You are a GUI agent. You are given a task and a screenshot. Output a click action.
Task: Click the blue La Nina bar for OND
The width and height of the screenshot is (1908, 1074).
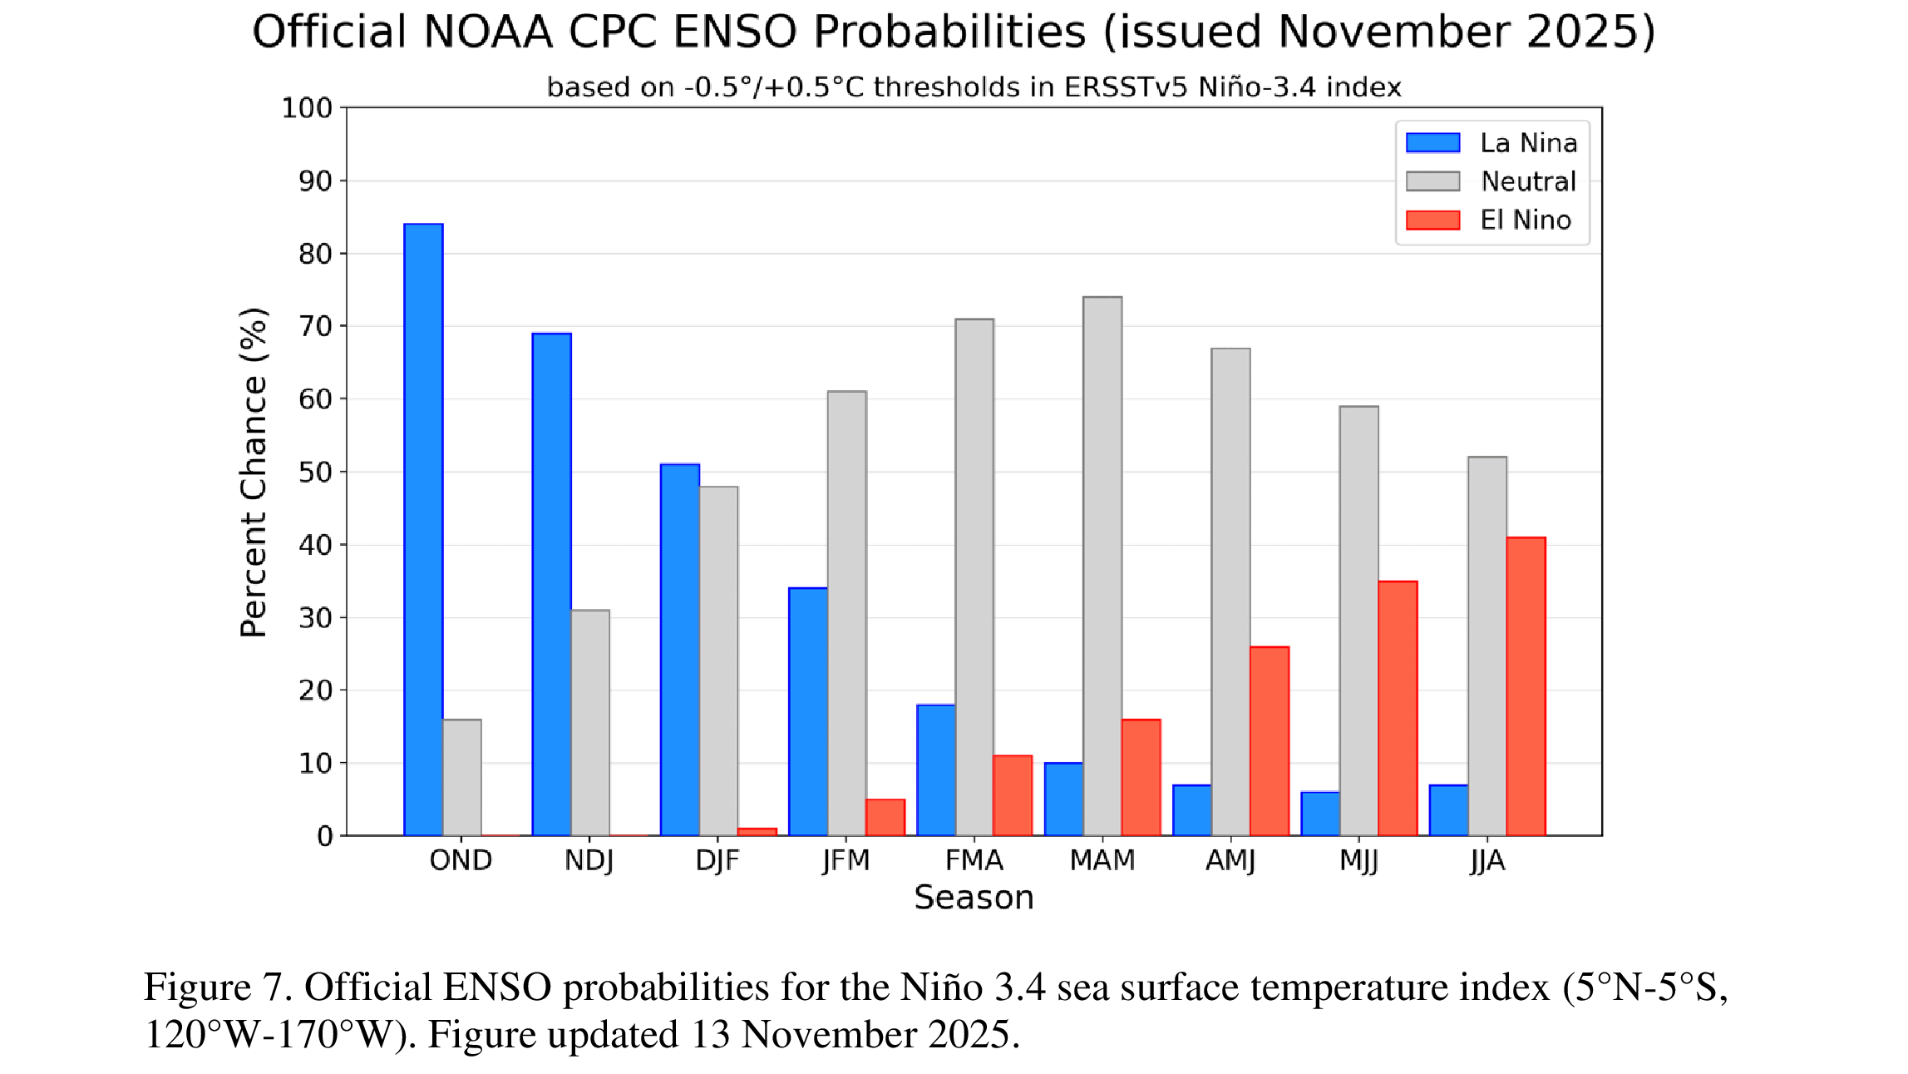tap(423, 529)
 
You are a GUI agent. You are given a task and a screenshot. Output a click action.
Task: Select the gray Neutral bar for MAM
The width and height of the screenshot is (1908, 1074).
tap(1102, 566)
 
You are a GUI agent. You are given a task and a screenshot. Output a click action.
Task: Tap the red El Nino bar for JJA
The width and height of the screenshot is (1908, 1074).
tap(1526, 686)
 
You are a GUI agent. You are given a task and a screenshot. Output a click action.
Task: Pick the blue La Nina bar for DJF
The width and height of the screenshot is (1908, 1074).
tap(680, 649)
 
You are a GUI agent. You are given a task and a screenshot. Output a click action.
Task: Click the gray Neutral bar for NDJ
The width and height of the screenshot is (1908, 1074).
tap(590, 722)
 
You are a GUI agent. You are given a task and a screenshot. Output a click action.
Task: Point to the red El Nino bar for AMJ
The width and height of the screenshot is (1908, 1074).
tap(1270, 740)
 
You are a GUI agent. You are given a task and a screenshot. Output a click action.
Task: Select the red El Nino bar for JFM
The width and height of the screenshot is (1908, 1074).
tap(885, 817)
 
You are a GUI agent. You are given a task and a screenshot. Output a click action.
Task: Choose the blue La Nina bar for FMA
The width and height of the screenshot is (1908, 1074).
tap(936, 770)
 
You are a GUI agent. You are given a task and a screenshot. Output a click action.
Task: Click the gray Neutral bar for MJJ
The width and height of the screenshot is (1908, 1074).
tap(1359, 621)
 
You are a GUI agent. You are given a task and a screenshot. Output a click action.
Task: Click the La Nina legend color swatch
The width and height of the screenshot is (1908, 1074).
tap(1432, 143)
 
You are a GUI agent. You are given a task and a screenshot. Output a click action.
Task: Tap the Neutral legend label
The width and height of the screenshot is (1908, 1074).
tap(1528, 181)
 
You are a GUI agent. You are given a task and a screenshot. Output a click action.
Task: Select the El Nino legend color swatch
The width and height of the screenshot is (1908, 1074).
tap(1432, 220)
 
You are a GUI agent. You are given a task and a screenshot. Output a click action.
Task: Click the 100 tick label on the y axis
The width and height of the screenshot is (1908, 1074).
tap(307, 108)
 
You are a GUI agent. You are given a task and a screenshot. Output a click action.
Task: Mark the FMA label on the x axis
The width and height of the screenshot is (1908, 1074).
tap(974, 860)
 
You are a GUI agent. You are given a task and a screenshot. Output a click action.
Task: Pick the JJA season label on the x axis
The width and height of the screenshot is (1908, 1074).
tap(1487, 860)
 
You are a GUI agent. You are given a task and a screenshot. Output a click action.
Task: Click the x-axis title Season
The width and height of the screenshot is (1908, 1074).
tap(974, 898)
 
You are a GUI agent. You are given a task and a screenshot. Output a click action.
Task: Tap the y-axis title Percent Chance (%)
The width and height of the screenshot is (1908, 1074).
tap(254, 472)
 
